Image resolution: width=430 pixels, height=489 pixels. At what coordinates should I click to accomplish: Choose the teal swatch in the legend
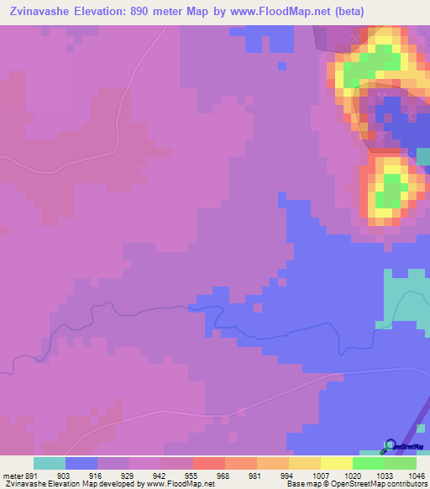[x=50, y=463]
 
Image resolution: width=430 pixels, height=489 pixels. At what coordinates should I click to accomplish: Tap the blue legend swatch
[x=81, y=463]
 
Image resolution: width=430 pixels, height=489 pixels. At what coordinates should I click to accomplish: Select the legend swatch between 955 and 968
[x=209, y=463]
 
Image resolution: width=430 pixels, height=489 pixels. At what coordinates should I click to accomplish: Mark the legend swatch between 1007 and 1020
[x=337, y=463]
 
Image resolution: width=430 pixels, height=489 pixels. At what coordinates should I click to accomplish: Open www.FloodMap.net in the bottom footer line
[x=180, y=483]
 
